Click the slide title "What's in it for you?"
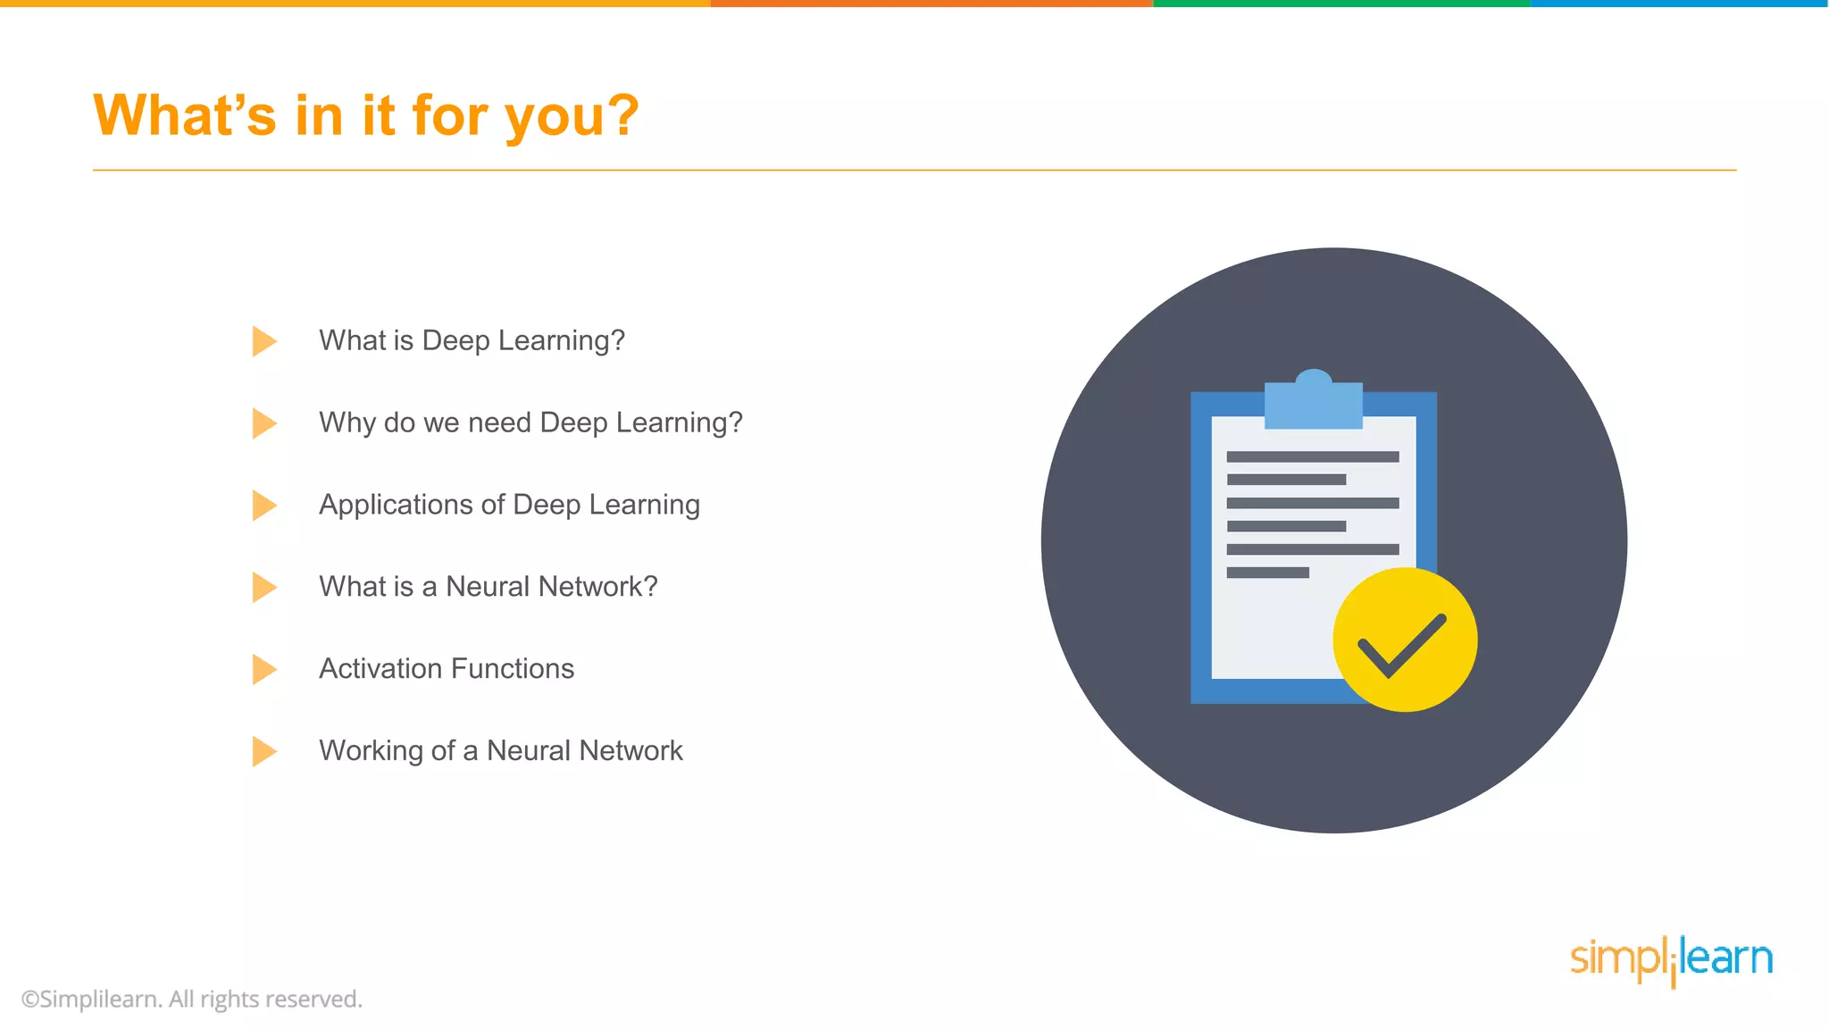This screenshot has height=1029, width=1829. point(366,116)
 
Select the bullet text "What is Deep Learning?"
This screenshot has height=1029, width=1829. point(472,340)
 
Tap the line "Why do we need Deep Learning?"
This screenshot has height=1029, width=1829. point(530,422)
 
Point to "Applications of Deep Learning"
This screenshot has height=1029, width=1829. point(509,505)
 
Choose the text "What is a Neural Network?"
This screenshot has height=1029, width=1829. point(488,587)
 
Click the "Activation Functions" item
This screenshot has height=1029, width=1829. point(447,669)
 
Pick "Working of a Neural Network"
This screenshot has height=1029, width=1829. point(500,751)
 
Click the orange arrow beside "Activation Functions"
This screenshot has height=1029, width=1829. point(263,669)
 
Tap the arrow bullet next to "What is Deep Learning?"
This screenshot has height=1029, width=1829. point(263,341)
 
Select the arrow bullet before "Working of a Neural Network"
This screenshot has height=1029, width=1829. point(263,751)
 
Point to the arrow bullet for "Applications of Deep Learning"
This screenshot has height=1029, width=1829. point(263,506)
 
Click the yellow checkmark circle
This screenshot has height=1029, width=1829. point(1404,640)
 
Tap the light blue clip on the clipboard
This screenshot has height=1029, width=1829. point(1313,402)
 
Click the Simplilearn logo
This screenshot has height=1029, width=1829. point(1671,960)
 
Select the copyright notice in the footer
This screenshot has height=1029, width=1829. point(192,999)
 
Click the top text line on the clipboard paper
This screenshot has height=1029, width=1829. point(1312,456)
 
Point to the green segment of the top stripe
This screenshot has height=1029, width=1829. point(1341,4)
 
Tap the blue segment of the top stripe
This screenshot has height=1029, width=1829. point(1679,4)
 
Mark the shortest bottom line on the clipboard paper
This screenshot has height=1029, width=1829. point(1267,573)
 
